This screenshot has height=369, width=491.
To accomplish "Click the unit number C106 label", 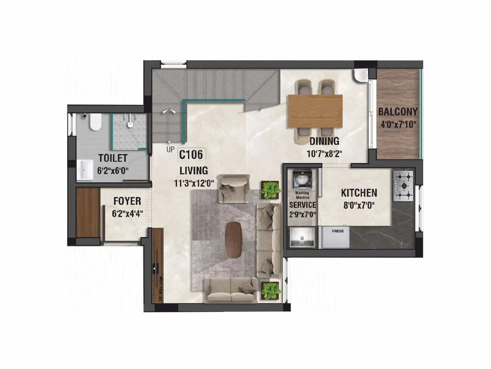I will click(191, 155).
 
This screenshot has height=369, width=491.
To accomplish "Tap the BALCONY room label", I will click(398, 112).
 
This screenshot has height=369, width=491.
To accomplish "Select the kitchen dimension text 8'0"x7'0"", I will click(359, 205).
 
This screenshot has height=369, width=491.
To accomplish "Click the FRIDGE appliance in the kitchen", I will click(336, 237).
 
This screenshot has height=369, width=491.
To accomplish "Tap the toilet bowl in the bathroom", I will click(95, 122).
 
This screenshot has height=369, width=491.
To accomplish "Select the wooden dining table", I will click(315, 111).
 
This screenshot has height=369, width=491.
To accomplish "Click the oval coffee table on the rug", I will click(234, 240).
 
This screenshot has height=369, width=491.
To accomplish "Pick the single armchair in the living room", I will click(234, 188).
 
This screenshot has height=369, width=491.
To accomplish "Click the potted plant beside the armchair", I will click(270, 190).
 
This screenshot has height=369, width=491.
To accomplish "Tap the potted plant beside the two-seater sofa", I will click(270, 291).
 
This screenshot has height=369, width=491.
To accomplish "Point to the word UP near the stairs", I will click(170, 150).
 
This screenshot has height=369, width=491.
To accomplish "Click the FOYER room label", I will click(127, 201).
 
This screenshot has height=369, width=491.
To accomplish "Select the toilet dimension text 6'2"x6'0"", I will click(113, 171).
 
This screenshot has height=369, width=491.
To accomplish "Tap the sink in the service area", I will click(302, 237).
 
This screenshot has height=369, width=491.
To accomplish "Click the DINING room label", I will click(324, 141).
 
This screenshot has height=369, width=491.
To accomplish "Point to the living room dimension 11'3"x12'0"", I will click(194, 184).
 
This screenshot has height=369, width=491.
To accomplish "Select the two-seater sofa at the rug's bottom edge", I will click(231, 290).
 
